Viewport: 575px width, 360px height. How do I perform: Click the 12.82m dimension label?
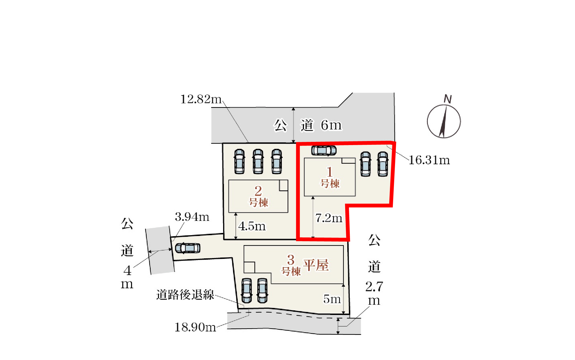click(201, 99)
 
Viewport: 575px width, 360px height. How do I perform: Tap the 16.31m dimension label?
click(429, 160)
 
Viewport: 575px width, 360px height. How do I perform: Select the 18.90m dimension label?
click(195, 327)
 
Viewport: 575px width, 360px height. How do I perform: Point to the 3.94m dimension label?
click(192, 217)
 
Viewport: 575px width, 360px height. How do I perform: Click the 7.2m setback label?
click(329, 218)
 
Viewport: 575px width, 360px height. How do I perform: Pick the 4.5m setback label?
click(252, 226)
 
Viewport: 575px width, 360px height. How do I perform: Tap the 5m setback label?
click(332, 299)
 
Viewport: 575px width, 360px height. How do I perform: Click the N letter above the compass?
click(448, 99)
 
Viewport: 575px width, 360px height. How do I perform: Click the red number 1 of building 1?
click(330, 172)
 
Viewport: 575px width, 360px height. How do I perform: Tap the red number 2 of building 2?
click(258, 191)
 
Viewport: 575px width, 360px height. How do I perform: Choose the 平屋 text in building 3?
click(316, 265)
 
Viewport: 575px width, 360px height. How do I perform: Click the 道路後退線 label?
click(185, 294)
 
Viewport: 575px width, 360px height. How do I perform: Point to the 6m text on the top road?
click(331, 125)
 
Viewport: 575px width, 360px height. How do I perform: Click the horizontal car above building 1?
click(324, 150)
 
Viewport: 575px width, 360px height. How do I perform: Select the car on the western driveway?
click(188, 248)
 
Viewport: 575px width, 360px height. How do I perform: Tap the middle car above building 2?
click(258, 162)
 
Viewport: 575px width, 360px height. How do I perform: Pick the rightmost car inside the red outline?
click(383, 164)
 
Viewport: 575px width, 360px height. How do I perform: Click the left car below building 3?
click(247, 291)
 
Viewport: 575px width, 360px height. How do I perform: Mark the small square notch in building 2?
click(283, 186)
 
